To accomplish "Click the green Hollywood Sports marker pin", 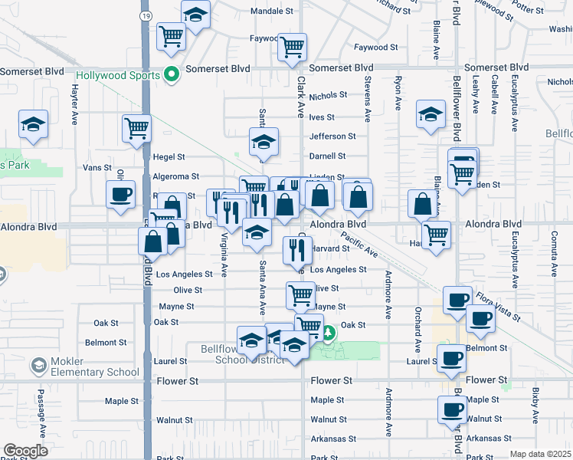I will click(172, 74).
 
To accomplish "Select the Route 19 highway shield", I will click(146, 15).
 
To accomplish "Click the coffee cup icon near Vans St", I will click(122, 195).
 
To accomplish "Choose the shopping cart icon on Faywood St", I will click(292, 48).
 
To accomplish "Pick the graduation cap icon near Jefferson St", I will click(264, 142).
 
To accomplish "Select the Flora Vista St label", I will click(497, 304).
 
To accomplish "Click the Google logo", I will click(25, 451).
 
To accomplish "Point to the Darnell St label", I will click(328, 156).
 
